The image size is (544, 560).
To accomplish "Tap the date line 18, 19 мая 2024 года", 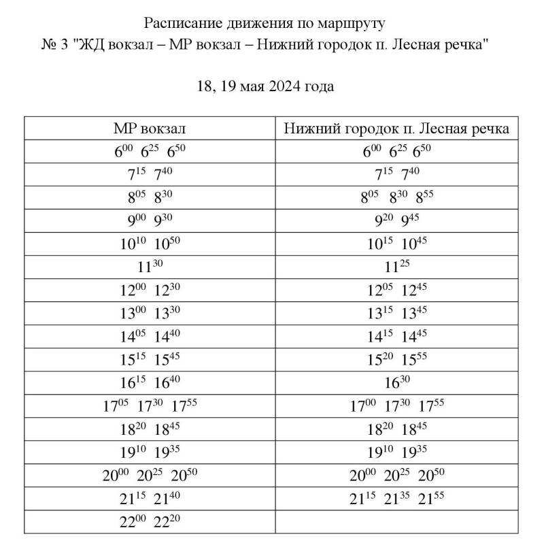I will (x=265, y=86).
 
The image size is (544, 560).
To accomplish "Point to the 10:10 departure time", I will (x=133, y=244).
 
